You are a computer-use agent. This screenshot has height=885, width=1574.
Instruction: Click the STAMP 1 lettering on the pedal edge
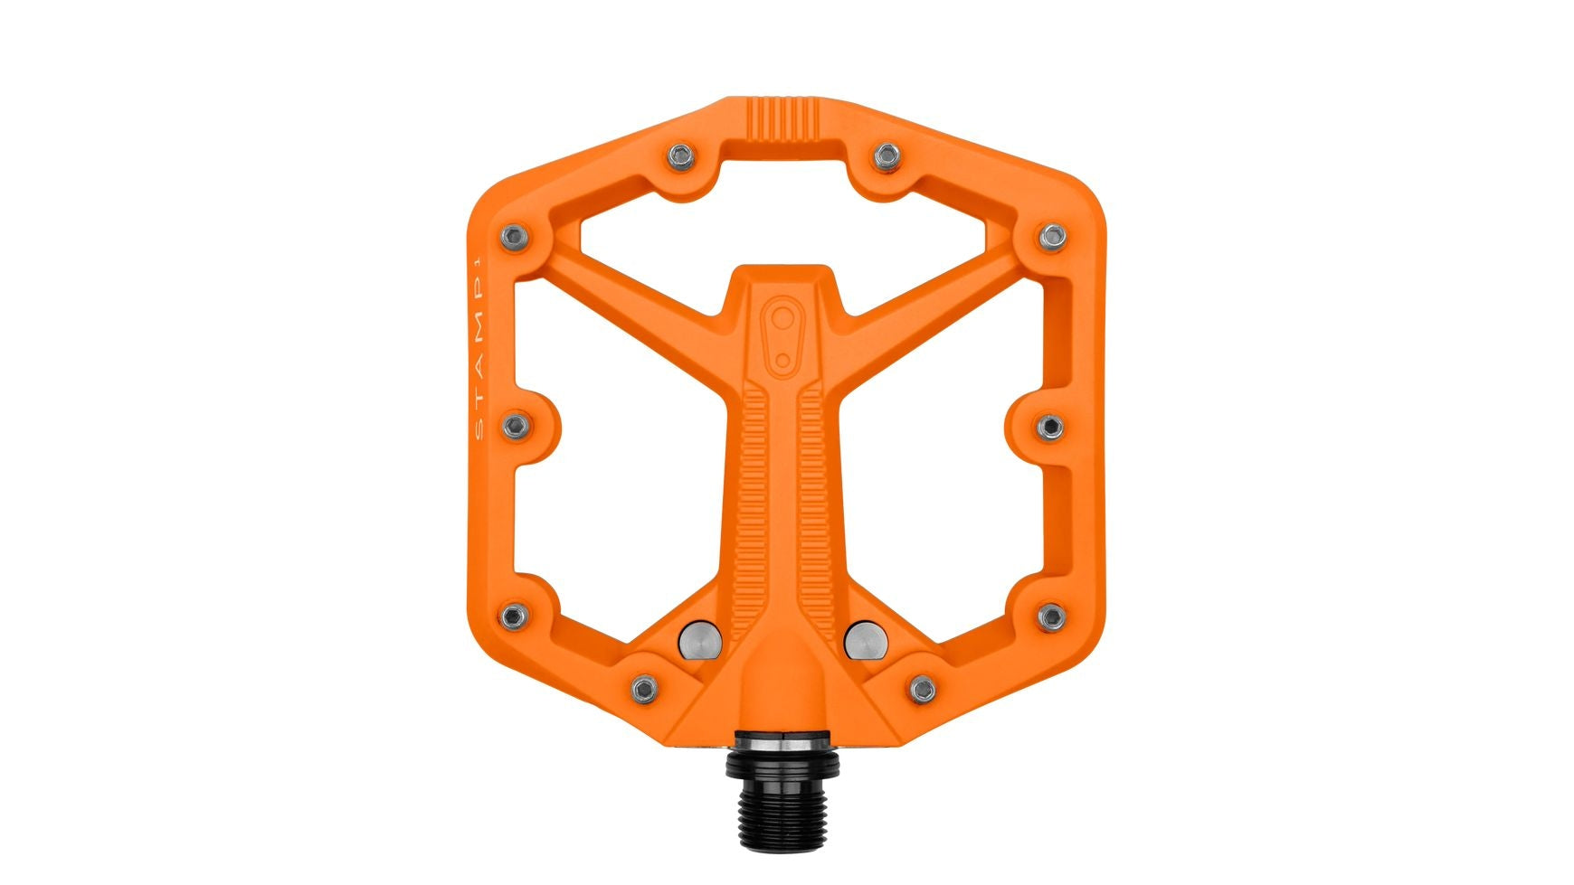(479, 349)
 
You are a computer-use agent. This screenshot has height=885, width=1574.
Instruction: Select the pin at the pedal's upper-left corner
(515, 237)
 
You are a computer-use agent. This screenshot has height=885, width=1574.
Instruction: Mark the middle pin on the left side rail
(516, 424)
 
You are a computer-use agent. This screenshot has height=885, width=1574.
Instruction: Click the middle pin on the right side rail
(1051, 425)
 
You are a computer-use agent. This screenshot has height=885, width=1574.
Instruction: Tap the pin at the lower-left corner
(515, 617)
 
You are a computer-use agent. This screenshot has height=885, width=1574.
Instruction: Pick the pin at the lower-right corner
(1051, 617)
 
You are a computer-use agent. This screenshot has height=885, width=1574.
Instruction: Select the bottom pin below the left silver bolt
(643, 689)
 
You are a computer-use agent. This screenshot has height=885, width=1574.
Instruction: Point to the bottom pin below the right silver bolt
(923, 689)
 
